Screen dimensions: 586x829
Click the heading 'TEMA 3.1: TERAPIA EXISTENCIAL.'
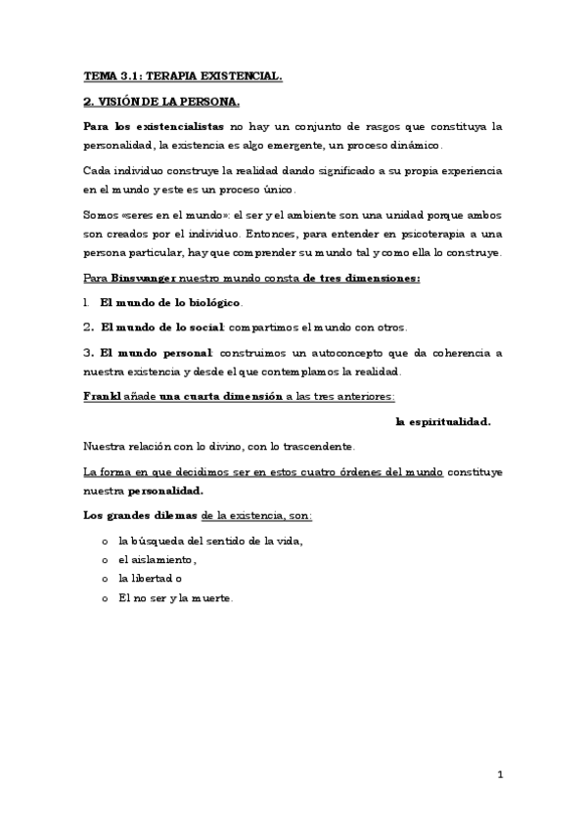click(x=183, y=76)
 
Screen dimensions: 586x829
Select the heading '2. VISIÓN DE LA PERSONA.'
click(x=161, y=101)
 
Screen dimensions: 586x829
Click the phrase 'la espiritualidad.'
click(x=443, y=421)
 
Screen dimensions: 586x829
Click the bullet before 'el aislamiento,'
click(x=105, y=560)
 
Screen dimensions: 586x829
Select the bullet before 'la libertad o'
click(x=105, y=579)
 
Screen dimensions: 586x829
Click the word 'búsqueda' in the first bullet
click(x=162, y=541)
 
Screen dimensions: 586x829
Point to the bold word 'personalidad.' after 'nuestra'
click(x=165, y=491)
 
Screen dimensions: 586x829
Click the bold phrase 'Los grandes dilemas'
click(x=141, y=515)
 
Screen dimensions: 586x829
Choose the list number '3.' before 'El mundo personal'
click(x=88, y=351)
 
